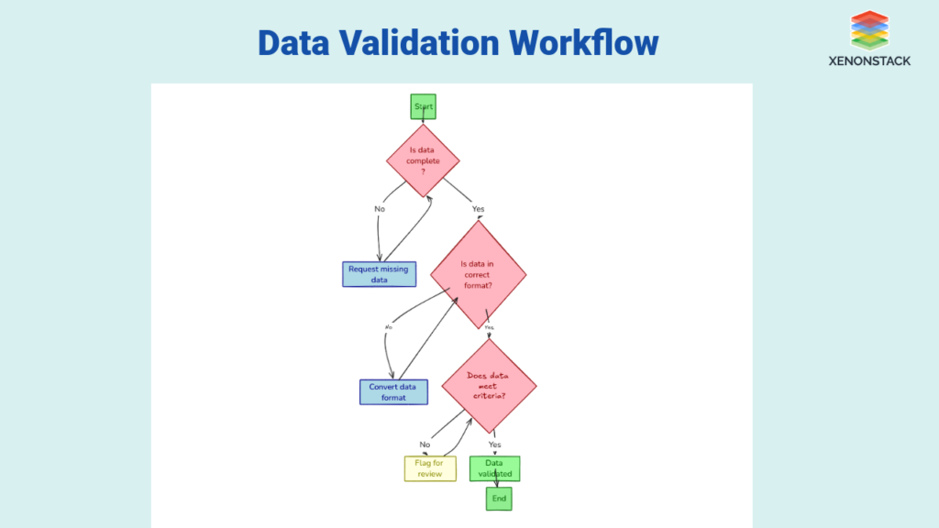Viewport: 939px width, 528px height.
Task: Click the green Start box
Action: [423, 107]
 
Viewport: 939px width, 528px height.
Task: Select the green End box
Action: [499, 499]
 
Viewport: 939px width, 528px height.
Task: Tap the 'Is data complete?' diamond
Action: [423, 161]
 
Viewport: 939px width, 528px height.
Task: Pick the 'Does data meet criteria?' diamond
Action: [489, 386]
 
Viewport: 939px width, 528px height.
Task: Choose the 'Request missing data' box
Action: [380, 274]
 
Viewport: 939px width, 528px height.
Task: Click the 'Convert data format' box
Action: [393, 391]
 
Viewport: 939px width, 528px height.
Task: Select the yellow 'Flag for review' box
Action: [430, 468]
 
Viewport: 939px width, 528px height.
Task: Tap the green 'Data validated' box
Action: [495, 468]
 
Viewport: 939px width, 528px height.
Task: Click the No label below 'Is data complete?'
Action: [380, 209]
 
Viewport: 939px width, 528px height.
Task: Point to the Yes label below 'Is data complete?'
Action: [478, 209]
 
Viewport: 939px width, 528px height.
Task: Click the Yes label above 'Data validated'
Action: [495, 445]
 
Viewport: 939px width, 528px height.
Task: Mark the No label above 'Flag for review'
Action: [425, 445]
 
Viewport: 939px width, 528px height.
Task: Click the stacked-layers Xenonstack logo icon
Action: [870, 29]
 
